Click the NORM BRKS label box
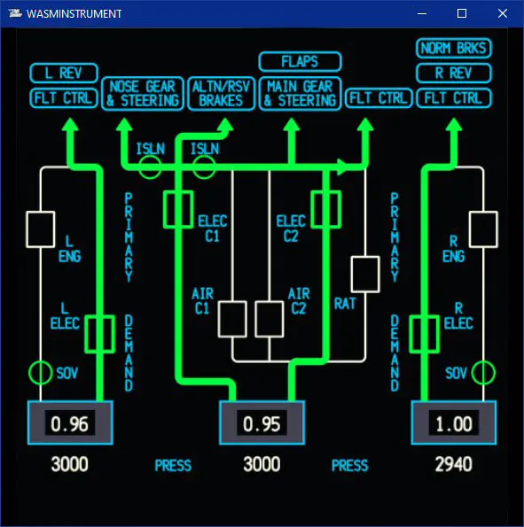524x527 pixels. (454, 48)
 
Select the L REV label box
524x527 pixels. (64, 73)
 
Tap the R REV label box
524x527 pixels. (454, 73)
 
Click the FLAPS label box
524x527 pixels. (300, 61)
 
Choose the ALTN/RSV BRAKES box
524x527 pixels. (221, 93)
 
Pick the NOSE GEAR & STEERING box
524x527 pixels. (143, 93)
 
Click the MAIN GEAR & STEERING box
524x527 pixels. (300, 93)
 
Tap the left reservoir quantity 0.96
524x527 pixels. (70, 423)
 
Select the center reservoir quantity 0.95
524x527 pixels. (262, 423)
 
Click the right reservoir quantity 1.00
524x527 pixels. (454, 423)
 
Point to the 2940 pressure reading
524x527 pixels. (454, 464)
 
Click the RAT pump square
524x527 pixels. (365, 275)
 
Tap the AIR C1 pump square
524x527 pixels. (232, 319)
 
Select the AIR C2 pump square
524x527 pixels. (270, 319)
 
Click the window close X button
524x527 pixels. (503, 13)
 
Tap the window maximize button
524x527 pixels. (462, 13)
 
